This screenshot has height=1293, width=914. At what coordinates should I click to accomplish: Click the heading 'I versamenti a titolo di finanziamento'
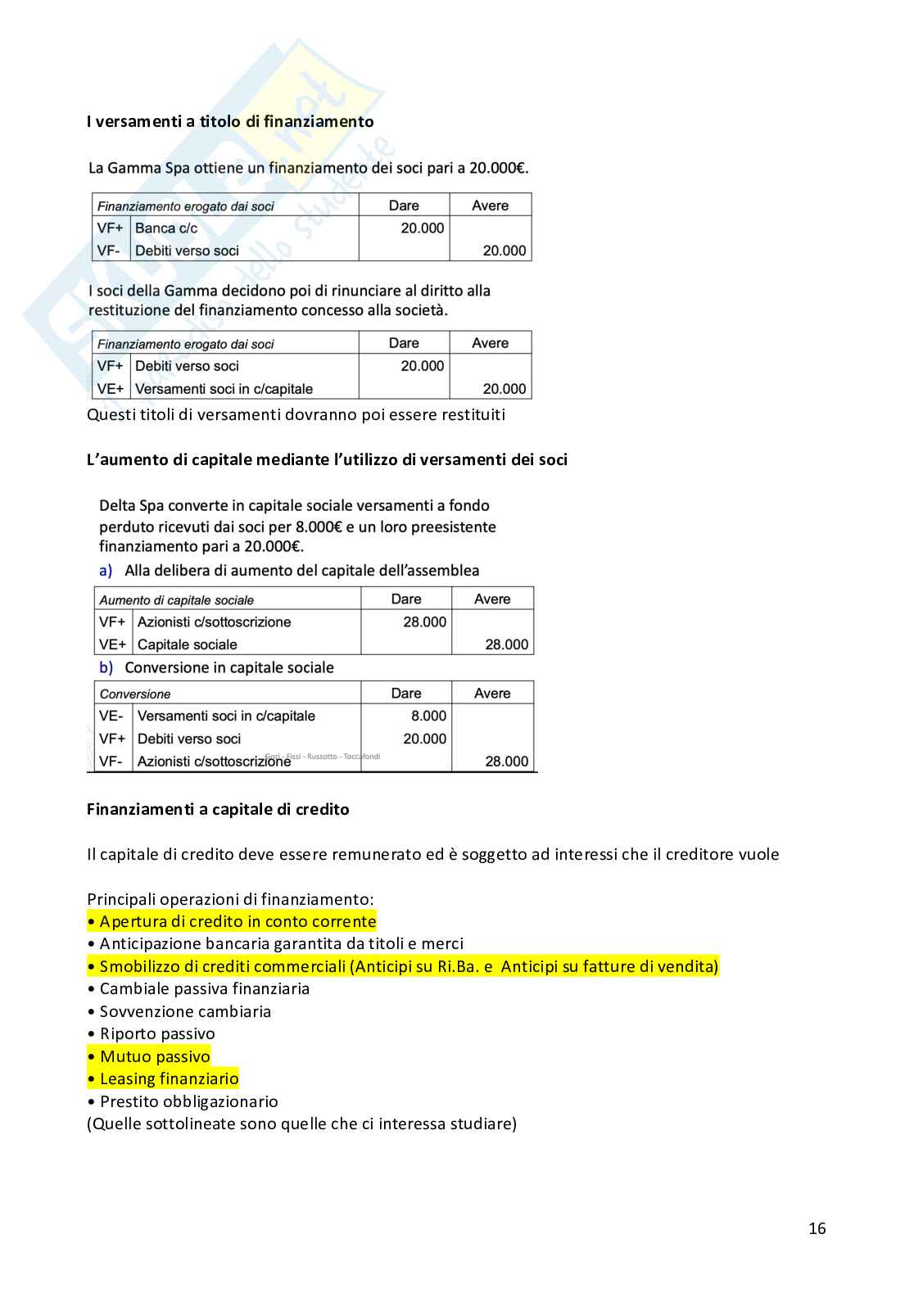point(230,122)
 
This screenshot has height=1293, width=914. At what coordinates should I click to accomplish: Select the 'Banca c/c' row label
point(166,228)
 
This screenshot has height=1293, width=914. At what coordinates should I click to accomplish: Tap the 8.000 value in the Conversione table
point(428,716)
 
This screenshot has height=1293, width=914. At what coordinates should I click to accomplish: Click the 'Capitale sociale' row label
point(187,644)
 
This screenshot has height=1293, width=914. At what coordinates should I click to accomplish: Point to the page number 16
point(817,1228)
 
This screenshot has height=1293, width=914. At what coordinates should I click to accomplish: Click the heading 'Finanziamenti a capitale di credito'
point(218,809)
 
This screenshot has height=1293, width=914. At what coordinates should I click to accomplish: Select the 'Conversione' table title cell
point(135,694)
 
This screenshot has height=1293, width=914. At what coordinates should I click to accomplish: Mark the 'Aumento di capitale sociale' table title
point(177,600)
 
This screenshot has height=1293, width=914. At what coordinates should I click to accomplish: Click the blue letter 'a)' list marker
point(106,571)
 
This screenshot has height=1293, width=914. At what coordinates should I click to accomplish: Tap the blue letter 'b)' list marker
point(106,667)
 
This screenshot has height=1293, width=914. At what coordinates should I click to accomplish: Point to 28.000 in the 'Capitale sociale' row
point(506,644)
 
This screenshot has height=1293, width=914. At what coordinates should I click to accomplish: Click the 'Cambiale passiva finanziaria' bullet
point(204,989)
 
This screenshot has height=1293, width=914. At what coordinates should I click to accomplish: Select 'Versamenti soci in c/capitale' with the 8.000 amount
point(226,716)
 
